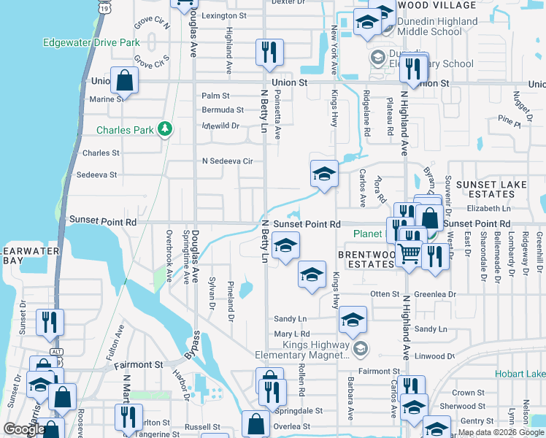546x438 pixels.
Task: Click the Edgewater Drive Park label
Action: (91, 42)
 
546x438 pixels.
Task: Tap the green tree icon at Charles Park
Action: (166, 130)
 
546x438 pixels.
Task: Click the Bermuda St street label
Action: (223, 110)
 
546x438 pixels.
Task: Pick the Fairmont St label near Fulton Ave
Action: (137, 364)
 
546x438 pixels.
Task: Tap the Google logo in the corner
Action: (23, 429)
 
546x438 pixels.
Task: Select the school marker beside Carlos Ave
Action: (324, 174)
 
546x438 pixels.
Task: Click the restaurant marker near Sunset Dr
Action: (50, 321)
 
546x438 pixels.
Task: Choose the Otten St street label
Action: (385, 294)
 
